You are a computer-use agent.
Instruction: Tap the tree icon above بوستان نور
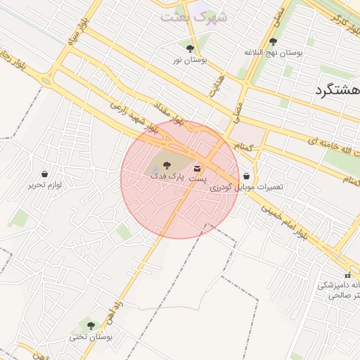pyautogui.click(x=190, y=48)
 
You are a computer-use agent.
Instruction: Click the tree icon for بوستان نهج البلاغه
pyautogui.click(x=273, y=41)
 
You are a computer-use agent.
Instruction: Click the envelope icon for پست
pyautogui.click(x=196, y=168)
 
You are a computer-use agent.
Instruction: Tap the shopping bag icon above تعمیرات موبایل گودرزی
pyautogui.click(x=246, y=176)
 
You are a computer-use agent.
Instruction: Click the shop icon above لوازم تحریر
pyautogui.click(x=45, y=174)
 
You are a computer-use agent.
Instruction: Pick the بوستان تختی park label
pyautogui.click(x=87, y=337)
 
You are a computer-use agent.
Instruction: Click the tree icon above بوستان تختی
pyautogui.click(x=90, y=325)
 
